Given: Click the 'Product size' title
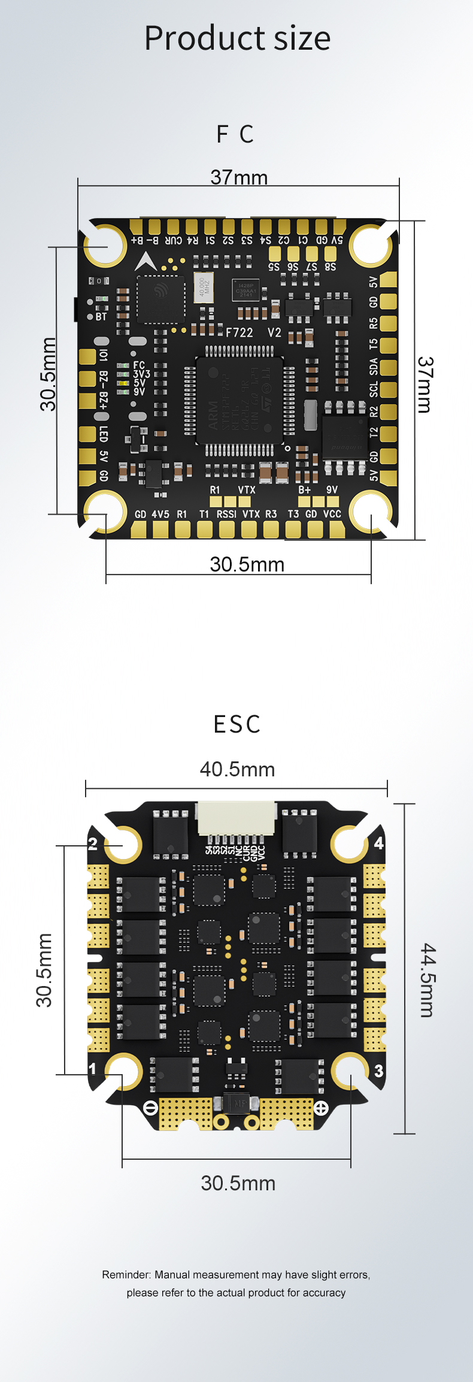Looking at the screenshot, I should coord(237,38).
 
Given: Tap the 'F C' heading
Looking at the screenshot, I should coord(235,134).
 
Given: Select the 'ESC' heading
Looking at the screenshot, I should coord(237,724).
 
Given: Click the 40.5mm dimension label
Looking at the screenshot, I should coord(237,769).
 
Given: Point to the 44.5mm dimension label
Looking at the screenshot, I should coord(427,980).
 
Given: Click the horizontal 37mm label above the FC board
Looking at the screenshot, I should coord(239,177).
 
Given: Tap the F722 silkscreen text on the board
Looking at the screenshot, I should coord(239,332).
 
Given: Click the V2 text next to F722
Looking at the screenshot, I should coord(274,332).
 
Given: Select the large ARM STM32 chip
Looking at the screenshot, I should coord(239,400).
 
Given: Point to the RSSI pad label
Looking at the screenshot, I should coord(226,514).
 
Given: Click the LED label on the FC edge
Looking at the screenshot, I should coord(104,434).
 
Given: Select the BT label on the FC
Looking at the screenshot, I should coord(101,316).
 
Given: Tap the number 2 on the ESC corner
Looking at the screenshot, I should coord(93,844).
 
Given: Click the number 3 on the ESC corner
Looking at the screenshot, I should coord(378,1071).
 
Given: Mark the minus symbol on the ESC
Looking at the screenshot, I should coord(151,1108).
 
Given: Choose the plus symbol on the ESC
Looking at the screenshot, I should coord(322,1108).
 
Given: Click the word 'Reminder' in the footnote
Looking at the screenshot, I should coord(126,1275).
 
